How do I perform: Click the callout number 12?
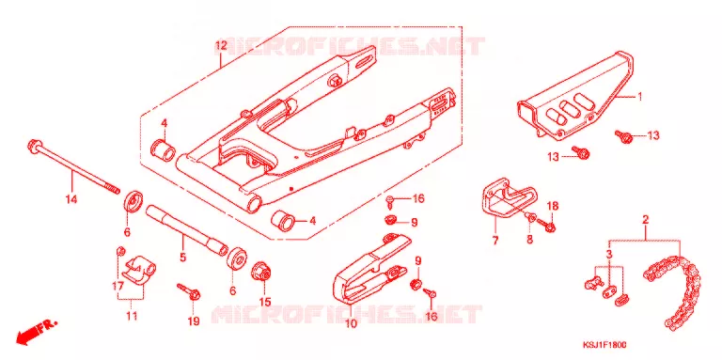(x=221, y=45)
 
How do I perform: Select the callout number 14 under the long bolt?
(x=71, y=199)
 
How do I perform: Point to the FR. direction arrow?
(x=36, y=332)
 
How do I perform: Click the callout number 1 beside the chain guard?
(x=639, y=97)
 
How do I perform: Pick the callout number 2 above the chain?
(x=645, y=220)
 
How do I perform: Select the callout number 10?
(x=351, y=324)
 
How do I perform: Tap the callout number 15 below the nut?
(x=264, y=302)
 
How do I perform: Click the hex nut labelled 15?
(x=262, y=271)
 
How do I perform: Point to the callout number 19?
(x=194, y=321)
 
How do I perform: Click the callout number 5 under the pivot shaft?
(x=182, y=257)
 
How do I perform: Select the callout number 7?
(x=495, y=241)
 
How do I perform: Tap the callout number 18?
(x=553, y=205)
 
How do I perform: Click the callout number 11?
(x=132, y=316)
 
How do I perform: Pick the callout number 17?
(x=118, y=287)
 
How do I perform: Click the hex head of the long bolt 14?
(x=34, y=146)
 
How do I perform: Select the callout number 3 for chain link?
(x=609, y=254)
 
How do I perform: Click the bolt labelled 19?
(x=189, y=292)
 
